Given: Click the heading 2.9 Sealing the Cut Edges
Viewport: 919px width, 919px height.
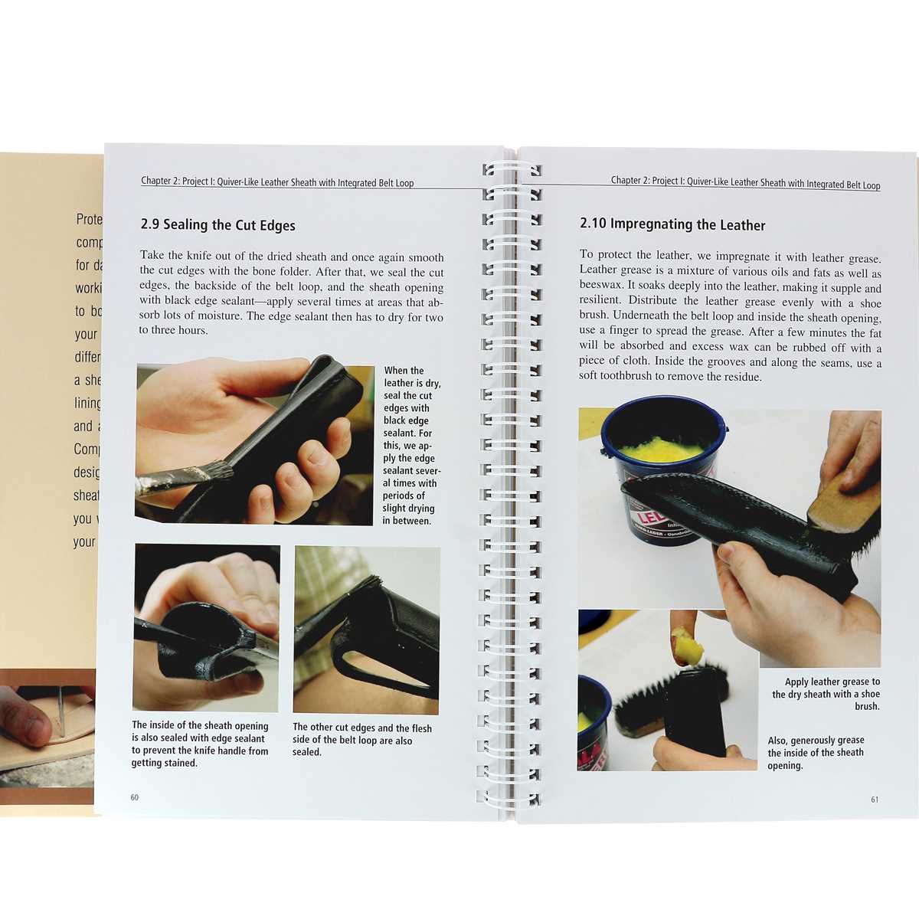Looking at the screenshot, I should (217, 225).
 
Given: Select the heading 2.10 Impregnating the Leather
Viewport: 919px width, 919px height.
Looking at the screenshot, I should (672, 224).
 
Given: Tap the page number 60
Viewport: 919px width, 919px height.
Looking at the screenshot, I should (135, 797).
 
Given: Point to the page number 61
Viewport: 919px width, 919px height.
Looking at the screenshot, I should (875, 800).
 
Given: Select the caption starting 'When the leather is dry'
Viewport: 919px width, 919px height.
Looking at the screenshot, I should (411, 445).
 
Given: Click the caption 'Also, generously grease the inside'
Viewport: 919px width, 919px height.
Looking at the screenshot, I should (816, 753).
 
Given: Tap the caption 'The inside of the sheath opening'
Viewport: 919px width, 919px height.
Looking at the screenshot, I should (200, 744).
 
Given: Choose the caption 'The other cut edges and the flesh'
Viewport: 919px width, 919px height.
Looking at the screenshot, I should (361, 740).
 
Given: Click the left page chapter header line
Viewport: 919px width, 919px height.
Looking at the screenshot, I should (277, 182).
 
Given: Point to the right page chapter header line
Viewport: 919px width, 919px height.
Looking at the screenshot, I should (745, 182).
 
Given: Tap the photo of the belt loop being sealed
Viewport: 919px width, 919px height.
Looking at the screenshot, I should (366, 630).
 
